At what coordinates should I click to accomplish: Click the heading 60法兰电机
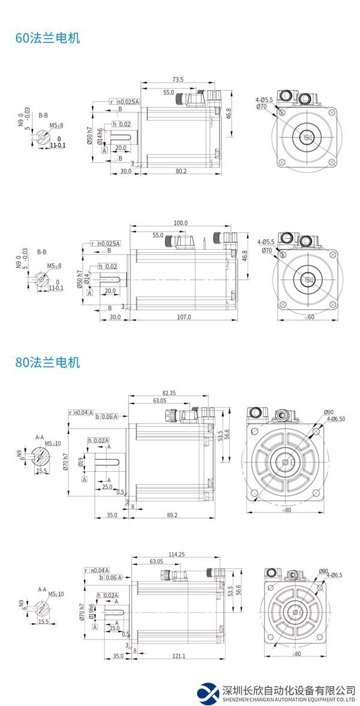click(x=47, y=38)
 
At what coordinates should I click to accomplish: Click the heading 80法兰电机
click(x=47, y=363)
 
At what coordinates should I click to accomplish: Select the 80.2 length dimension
click(x=181, y=171)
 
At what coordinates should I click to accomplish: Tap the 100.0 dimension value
click(x=181, y=223)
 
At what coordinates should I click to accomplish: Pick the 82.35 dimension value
click(x=170, y=393)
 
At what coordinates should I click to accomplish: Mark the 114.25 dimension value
click(x=176, y=554)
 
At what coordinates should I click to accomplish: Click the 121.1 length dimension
click(x=179, y=657)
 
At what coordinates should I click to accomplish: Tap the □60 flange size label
click(x=310, y=317)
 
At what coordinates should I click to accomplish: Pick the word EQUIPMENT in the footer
click(x=313, y=699)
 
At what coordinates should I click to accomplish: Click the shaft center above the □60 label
click(x=309, y=279)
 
